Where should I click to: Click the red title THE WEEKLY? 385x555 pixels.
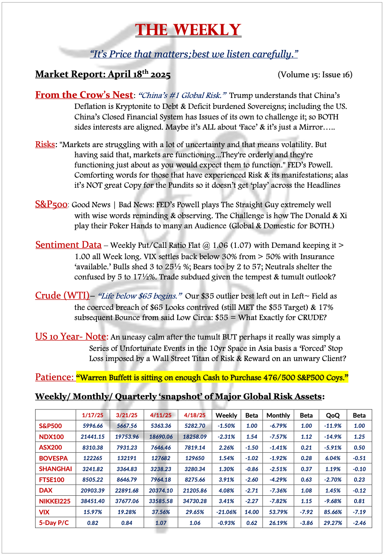tap(188, 30)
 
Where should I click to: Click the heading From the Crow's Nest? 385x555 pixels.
tap(84, 95)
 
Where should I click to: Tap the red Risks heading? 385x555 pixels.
tap(45, 144)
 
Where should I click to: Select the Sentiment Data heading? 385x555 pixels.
tap(68, 245)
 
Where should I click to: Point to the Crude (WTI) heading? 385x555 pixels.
tap(62, 295)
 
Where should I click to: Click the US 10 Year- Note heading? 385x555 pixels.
tap(71, 336)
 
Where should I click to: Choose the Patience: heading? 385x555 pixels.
tap(54, 377)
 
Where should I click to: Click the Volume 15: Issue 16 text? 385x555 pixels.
tap(315, 75)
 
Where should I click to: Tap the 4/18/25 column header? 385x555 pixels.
tap(195, 415)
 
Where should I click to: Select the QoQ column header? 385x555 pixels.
tap(333, 415)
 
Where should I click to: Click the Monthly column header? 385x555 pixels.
tap(278, 415)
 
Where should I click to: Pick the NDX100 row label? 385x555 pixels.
tap(51, 437)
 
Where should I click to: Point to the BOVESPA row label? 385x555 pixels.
tap(53, 458)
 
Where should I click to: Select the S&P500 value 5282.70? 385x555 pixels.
tap(195, 426)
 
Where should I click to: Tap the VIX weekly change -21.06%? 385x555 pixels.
tap(226, 512)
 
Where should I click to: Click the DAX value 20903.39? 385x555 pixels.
tap(93, 490)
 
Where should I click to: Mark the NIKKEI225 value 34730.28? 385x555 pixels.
tap(195, 501)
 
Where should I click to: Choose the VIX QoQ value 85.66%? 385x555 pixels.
tap(333, 512)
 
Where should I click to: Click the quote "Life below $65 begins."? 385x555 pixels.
tap(140, 296)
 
